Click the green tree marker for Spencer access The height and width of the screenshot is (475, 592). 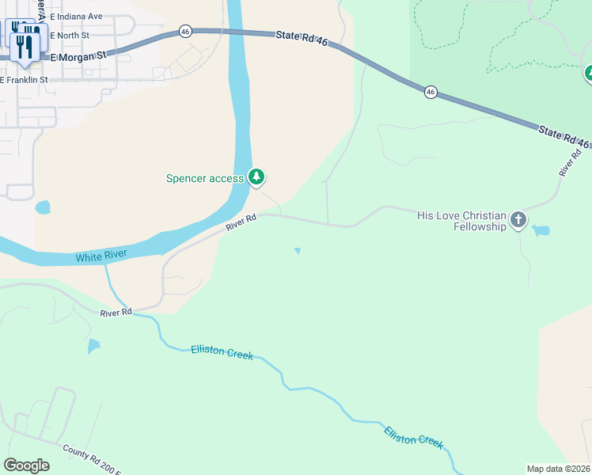click(256, 177)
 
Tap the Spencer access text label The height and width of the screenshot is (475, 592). click(205, 179)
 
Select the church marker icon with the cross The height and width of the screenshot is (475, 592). click(518, 219)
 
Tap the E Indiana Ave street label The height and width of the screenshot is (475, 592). click(76, 16)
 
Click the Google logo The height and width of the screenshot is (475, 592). click(26, 465)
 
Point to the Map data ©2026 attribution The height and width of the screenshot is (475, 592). click(559, 468)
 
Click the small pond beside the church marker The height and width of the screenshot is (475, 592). click(541, 231)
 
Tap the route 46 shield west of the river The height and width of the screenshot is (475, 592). click(185, 31)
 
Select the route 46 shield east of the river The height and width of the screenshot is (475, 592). click(430, 92)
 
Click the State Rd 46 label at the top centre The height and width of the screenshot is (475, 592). click(302, 38)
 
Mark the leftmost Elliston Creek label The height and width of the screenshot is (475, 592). click(222, 352)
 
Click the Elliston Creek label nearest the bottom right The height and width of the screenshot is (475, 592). click(413, 438)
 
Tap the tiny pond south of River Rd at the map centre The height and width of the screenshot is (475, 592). click(298, 252)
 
